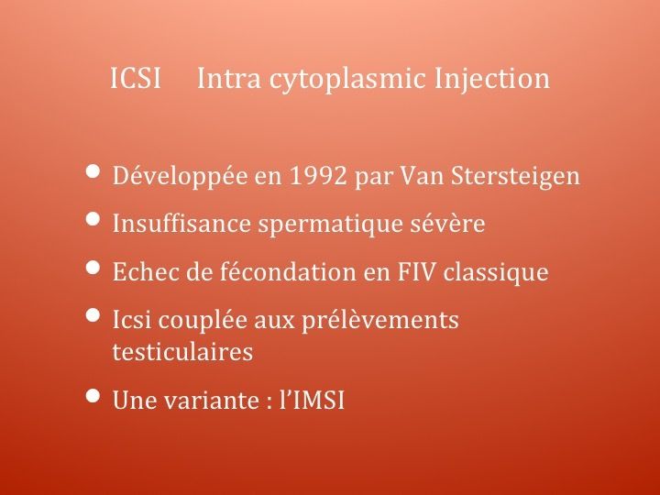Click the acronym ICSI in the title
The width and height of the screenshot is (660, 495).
(x=136, y=78)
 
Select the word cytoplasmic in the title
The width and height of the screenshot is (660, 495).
(x=346, y=80)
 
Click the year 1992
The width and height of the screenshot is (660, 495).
(x=318, y=175)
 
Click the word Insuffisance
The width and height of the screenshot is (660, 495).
(x=181, y=223)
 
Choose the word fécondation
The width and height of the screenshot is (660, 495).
(x=289, y=271)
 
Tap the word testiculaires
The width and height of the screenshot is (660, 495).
(x=182, y=351)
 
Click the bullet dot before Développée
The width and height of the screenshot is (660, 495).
(x=93, y=171)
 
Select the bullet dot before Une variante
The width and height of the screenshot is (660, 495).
(x=93, y=396)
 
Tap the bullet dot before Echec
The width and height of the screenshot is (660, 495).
(x=93, y=268)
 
